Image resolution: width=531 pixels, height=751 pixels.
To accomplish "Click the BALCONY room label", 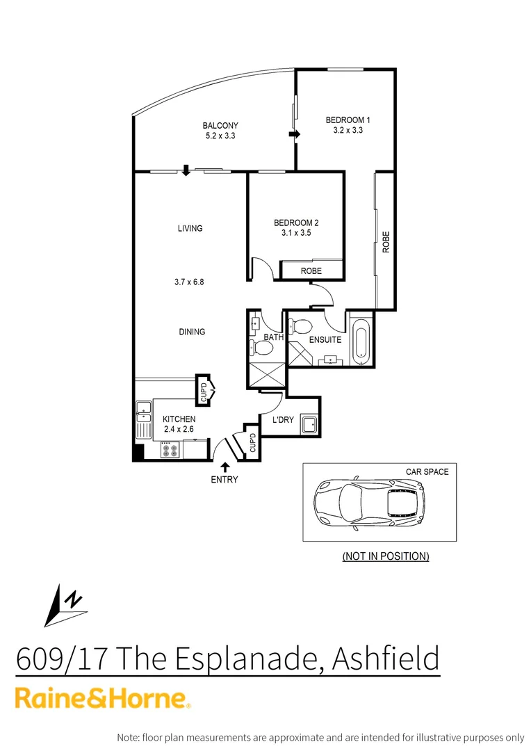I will click(220, 126).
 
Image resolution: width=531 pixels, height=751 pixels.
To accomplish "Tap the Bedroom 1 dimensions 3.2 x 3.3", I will click(348, 130).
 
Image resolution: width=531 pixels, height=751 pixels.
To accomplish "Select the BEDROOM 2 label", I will click(296, 223).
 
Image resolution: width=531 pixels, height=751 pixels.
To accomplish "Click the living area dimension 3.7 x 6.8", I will click(189, 282).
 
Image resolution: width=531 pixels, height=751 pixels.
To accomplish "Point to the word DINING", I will click(192, 332).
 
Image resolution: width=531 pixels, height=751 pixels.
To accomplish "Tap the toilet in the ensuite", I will click(302, 325).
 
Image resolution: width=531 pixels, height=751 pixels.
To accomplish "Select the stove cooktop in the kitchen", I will click(170, 451).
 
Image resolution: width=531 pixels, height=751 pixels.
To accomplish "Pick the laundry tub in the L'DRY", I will click(309, 425).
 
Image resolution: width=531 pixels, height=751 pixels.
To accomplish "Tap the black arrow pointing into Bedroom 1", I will click(294, 134).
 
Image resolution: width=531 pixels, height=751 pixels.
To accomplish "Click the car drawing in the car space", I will click(369, 502).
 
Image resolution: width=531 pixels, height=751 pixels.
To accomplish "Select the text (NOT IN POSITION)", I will click(386, 556).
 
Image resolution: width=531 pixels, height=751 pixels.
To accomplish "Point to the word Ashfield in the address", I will click(386, 657).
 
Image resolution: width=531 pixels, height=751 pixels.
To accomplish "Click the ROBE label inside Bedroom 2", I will click(311, 270).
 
